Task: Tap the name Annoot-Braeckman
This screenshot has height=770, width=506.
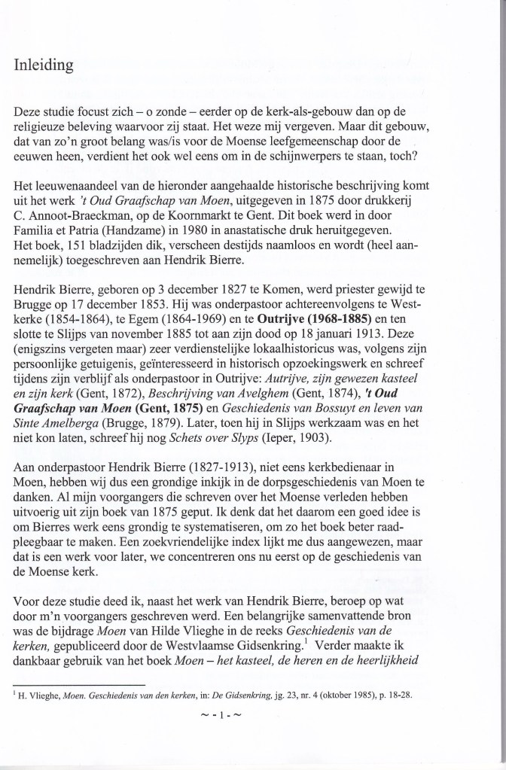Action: click(x=90, y=233)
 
